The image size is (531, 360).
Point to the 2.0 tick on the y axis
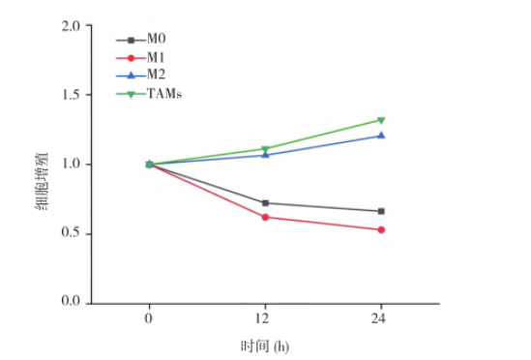[70, 26]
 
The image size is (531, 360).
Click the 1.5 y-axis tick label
[70, 95]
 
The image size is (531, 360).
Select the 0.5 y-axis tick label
[70, 233]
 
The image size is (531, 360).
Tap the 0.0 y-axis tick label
[70, 303]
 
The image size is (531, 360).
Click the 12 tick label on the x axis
[265, 318]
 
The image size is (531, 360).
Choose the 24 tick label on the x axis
[381, 318]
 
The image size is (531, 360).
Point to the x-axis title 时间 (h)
[265, 345]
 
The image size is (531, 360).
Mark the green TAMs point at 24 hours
[381, 121]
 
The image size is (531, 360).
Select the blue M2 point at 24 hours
[381, 135]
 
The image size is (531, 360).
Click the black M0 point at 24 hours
[381, 211]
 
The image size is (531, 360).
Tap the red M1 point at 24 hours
[381, 229]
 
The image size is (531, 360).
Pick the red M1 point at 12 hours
[265, 217]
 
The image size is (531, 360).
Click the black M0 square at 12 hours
[265, 203]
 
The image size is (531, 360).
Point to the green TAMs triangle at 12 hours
[265, 149]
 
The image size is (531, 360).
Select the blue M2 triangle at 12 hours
[265, 155]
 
